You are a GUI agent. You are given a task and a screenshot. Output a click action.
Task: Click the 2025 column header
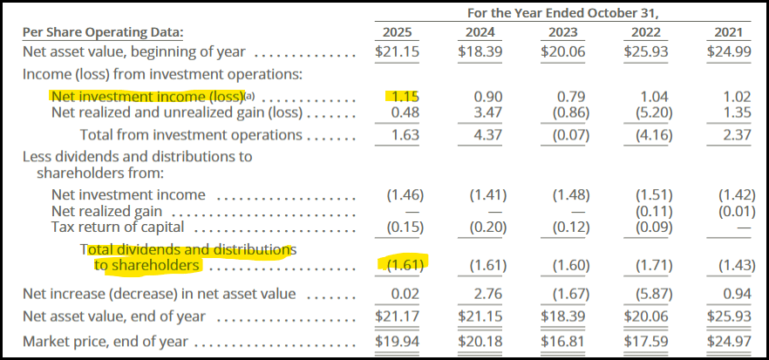pos(398,32)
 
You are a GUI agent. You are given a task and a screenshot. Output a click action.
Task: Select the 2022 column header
pos(644,32)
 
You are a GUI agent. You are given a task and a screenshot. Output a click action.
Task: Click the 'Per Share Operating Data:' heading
pos(103,32)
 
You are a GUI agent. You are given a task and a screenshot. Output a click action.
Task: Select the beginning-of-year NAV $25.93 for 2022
pos(644,51)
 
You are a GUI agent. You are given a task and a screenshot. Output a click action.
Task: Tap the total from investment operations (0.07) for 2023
pos(568,135)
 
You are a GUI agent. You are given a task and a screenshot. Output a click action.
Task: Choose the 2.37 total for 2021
pos(732,135)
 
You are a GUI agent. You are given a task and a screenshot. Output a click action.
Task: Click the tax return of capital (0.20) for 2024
pos(486,228)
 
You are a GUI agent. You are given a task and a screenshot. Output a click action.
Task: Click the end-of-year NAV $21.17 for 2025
pos(398,316)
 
